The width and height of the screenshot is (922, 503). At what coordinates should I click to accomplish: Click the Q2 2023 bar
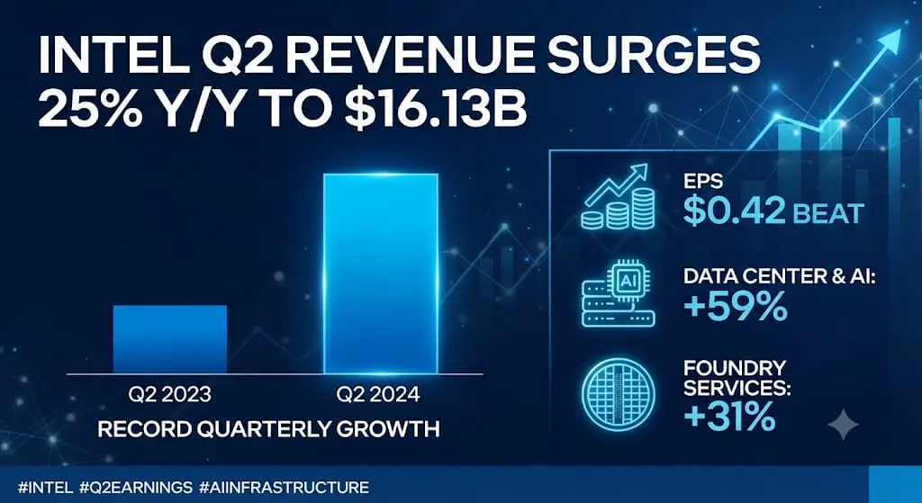[170, 339]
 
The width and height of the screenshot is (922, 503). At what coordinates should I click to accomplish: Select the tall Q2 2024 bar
[381, 274]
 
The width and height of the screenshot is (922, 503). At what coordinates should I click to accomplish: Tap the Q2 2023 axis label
[169, 394]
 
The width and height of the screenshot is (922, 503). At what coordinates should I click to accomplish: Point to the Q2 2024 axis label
[378, 394]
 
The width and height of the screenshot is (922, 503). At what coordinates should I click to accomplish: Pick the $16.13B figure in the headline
[436, 109]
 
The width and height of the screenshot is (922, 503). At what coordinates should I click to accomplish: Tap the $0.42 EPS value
[734, 211]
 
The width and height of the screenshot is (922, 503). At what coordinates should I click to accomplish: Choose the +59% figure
[735, 306]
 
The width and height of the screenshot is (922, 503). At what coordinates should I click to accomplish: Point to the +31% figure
[729, 416]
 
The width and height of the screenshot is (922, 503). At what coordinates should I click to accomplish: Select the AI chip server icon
[618, 293]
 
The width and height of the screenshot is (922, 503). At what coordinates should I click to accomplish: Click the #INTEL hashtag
[45, 487]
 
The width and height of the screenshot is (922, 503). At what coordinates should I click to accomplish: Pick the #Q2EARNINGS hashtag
[136, 487]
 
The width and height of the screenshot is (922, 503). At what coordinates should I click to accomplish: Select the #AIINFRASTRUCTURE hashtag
[284, 487]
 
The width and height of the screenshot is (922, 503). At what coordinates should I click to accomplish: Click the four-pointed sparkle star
[843, 424]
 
